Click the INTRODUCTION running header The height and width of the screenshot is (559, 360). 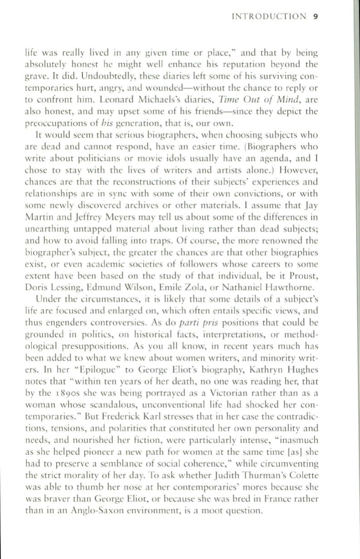(x=268, y=17)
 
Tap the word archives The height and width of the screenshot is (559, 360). (x=161, y=210)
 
